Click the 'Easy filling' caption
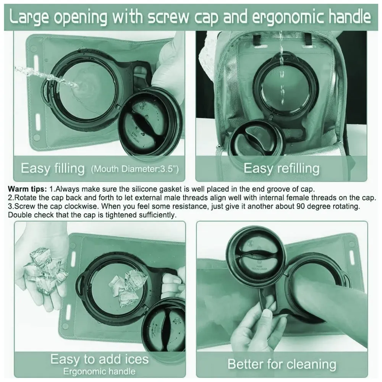click(x=53, y=168)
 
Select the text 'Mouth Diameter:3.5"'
click(x=135, y=169)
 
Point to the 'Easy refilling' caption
click(x=282, y=168)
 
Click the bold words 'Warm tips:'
click(x=27, y=189)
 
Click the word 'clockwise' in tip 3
click(x=81, y=206)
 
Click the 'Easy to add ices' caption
click(x=99, y=359)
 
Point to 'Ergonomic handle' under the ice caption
click(x=99, y=372)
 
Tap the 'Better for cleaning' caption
click(x=282, y=364)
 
